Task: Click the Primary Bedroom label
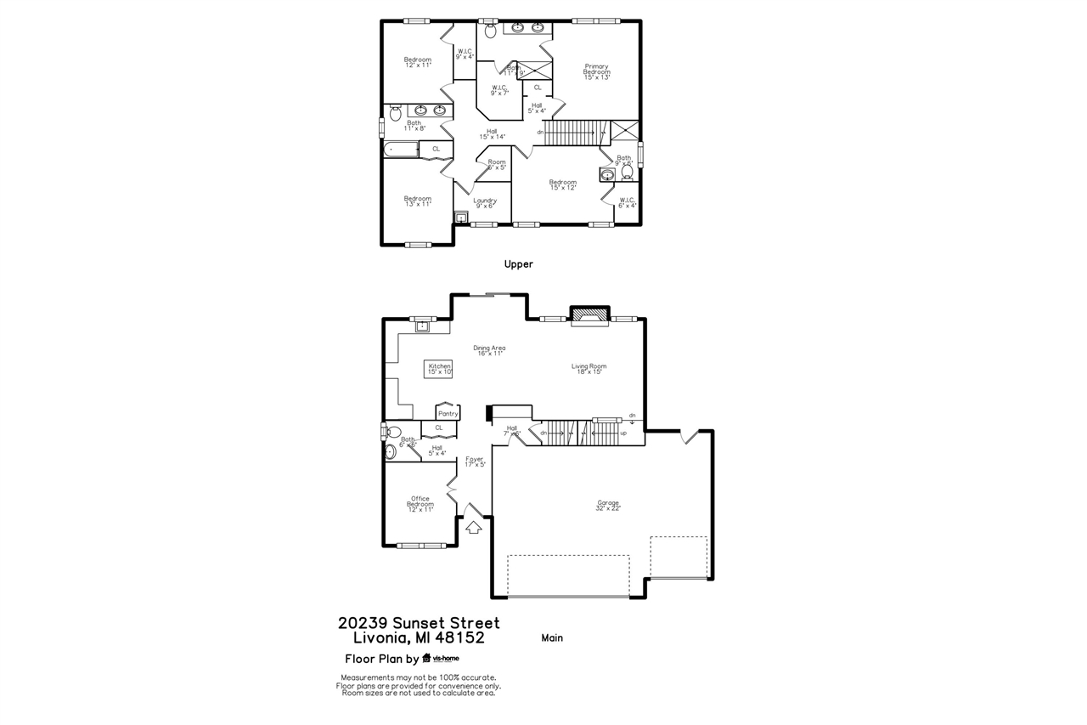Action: click(596, 72)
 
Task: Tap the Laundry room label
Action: click(485, 203)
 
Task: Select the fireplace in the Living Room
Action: click(589, 316)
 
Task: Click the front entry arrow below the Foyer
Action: click(473, 527)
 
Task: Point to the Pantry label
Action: click(448, 413)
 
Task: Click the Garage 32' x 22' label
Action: click(608, 505)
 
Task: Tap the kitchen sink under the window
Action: click(421, 325)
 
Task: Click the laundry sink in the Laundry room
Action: click(461, 218)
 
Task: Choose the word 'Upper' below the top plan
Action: click(518, 264)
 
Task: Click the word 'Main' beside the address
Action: click(552, 637)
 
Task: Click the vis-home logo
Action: click(441, 658)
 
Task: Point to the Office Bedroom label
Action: click(420, 504)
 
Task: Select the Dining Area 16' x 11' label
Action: click(489, 350)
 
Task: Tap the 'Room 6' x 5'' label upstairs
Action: click(497, 164)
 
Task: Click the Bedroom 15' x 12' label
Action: click(562, 184)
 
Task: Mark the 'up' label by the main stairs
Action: click(623, 433)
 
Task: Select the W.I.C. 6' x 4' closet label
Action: click(627, 202)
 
